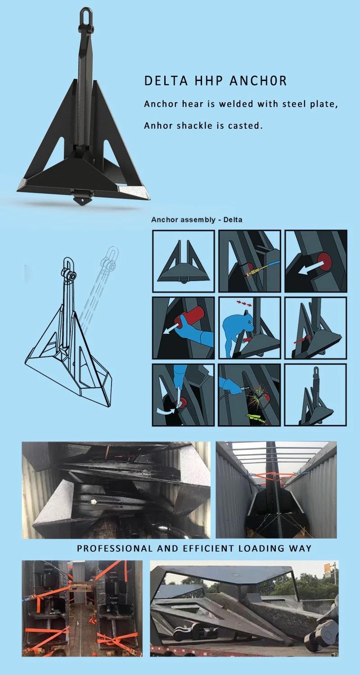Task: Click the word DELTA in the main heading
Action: (160, 81)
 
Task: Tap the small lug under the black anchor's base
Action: (82, 198)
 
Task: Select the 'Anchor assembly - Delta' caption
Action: (197, 220)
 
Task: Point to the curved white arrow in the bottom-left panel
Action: (167, 410)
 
